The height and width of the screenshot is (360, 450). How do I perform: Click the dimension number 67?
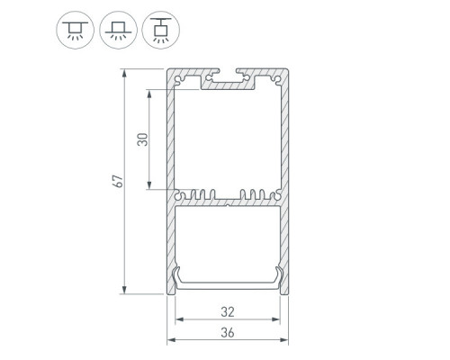tap(119, 181)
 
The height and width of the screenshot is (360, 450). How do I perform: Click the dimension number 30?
tap(143, 139)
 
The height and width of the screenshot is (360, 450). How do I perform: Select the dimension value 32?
tap(228, 312)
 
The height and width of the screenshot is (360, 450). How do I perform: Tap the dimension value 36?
tap(228, 333)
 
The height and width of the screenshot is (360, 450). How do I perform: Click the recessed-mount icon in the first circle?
tap(75, 30)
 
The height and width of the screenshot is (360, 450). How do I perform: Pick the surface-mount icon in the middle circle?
tap(118, 31)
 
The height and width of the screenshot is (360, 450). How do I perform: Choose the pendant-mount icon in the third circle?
tap(161, 31)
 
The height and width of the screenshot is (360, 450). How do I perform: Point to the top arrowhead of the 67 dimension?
tap(124, 73)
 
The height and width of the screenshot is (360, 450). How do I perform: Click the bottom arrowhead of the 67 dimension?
tap(124, 290)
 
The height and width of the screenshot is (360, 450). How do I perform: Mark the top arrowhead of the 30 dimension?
tap(149, 94)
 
